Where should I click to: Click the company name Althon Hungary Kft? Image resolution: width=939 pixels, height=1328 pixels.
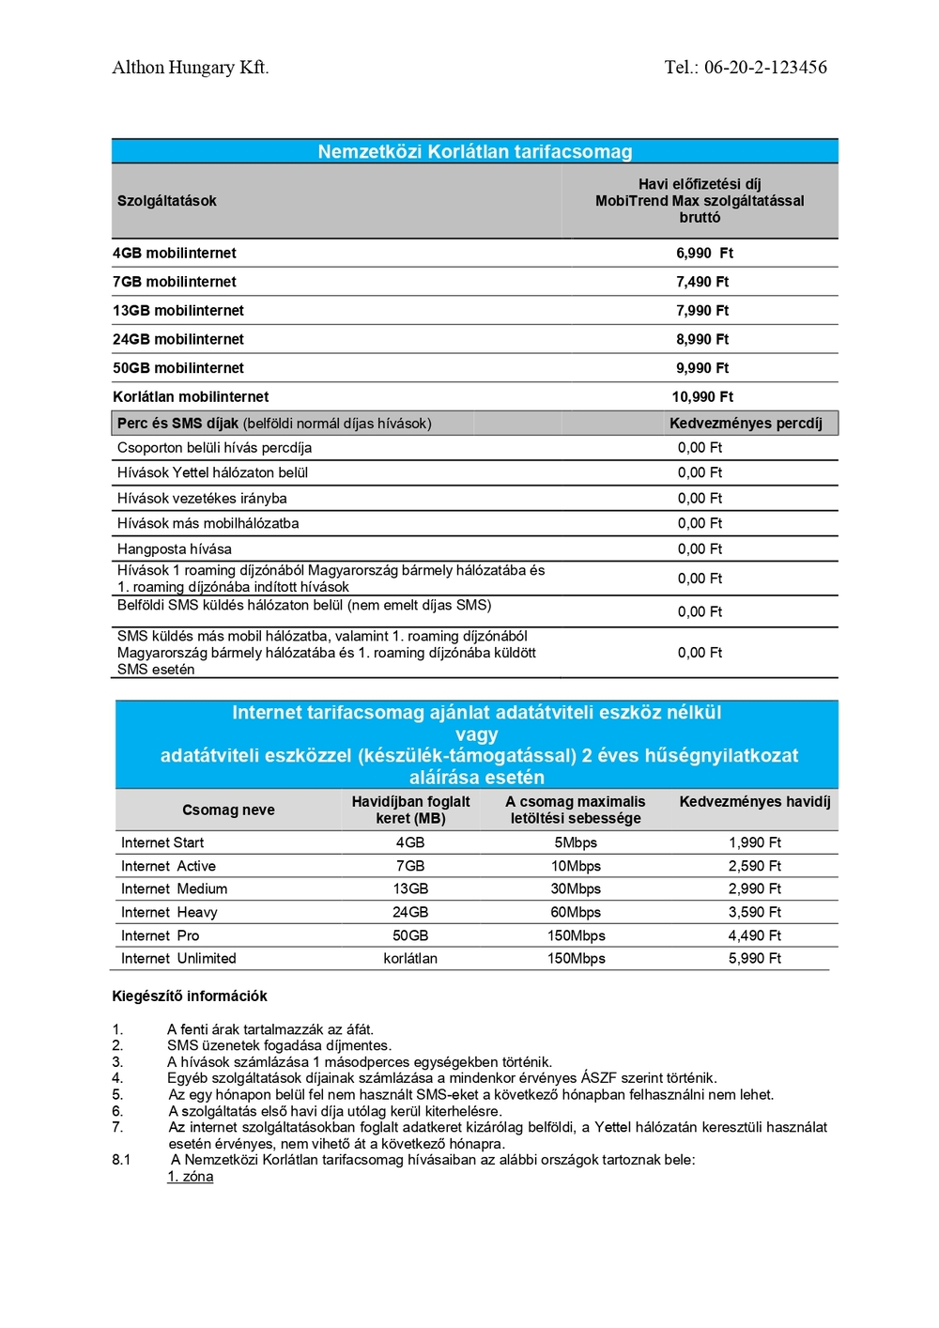pyautogui.click(x=190, y=68)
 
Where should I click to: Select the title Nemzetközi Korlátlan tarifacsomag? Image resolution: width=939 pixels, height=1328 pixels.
pyautogui.click(x=474, y=151)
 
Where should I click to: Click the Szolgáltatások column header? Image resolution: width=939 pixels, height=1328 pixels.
pyautogui.click(x=167, y=201)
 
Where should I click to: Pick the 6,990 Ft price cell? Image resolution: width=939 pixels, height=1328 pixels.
pyautogui.click(x=704, y=254)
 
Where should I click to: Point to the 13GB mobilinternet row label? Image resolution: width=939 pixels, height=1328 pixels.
pyautogui.click(x=178, y=311)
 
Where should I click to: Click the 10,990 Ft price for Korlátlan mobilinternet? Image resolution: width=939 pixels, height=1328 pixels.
pyautogui.click(x=702, y=397)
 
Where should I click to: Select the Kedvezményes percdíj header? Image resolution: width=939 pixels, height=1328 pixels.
pyautogui.click(x=746, y=424)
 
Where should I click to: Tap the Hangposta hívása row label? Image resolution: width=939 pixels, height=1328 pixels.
pyautogui.click(x=175, y=549)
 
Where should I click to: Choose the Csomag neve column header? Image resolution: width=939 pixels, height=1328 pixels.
pyautogui.click(x=228, y=811)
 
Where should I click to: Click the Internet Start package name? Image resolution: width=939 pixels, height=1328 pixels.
pyautogui.click(x=162, y=843)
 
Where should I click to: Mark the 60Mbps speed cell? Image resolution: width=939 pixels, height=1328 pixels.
pyautogui.click(x=576, y=913)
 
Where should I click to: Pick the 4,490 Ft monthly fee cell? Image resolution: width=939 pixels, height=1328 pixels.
pyautogui.click(x=755, y=936)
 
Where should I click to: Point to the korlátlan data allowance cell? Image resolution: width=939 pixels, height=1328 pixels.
pyautogui.click(x=410, y=959)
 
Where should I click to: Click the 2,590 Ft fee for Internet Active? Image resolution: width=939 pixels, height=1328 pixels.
pyautogui.click(x=755, y=867)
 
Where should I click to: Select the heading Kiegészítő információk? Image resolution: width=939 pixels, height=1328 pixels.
pyautogui.click(x=190, y=996)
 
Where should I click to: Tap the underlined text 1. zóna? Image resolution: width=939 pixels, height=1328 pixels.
pyautogui.click(x=191, y=1177)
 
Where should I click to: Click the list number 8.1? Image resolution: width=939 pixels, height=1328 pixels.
pyautogui.click(x=121, y=1161)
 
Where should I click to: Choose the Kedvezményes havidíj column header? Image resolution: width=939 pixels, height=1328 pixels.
pyautogui.click(x=755, y=802)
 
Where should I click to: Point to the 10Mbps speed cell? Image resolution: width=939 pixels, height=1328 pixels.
pyautogui.click(x=576, y=867)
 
